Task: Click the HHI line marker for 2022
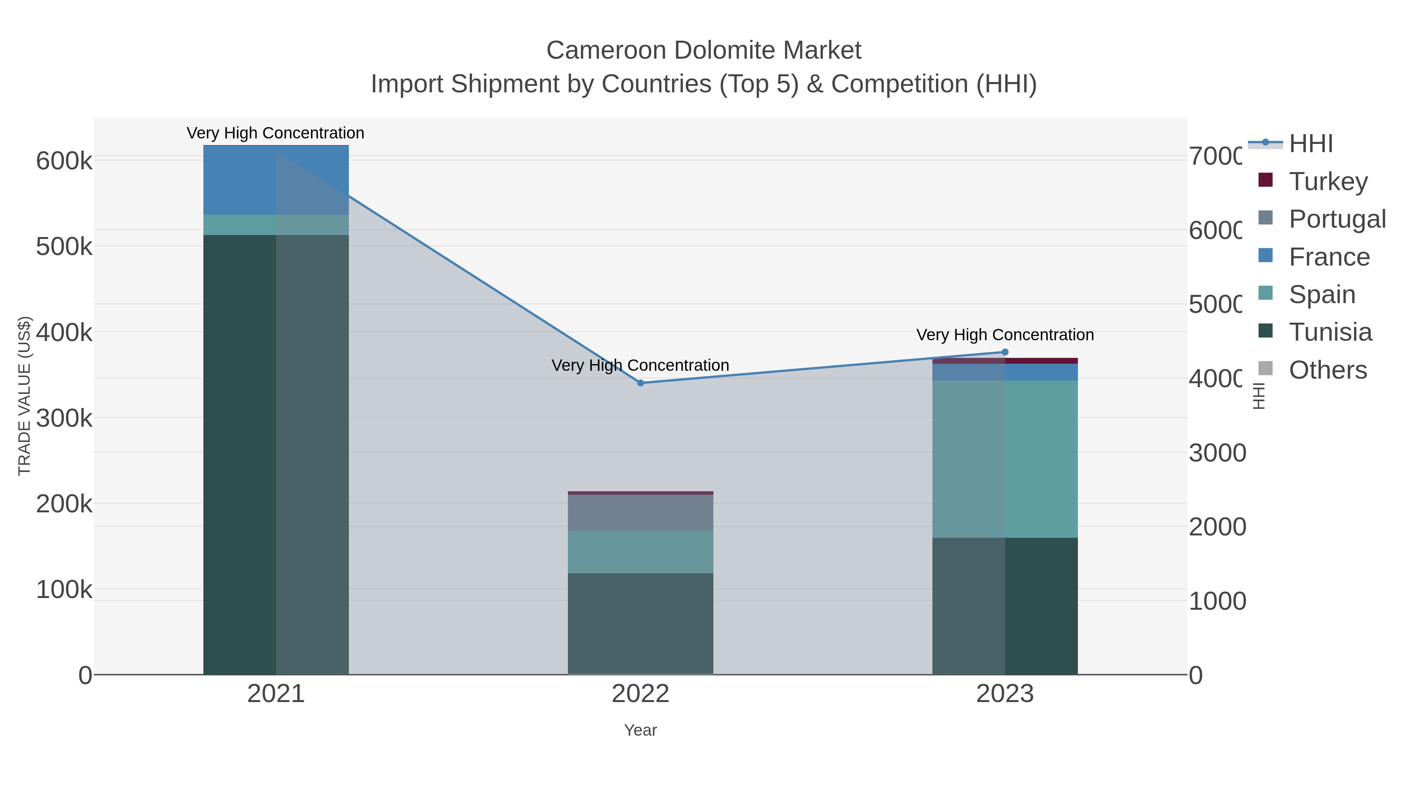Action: coord(641,383)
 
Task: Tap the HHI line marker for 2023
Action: coord(1005,352)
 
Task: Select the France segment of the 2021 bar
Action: coord(276,180)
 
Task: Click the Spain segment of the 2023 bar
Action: coord(1005,459)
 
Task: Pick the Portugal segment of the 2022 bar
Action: coord(641,513)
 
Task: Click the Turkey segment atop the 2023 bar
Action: coord(1005,361)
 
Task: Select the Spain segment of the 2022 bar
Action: coord(641,551)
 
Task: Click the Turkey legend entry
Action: coord(1328,181)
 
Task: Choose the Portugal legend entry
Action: coord(1337,219)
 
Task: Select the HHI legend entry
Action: coord(1311,144)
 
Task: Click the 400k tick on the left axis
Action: coord(64,332)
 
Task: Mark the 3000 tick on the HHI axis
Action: coord(1217,453)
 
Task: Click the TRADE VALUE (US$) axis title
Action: coord(25,396)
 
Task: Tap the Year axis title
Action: coord(641,730)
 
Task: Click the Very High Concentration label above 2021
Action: coord(275,133)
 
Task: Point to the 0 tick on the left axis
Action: coord(85,675)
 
